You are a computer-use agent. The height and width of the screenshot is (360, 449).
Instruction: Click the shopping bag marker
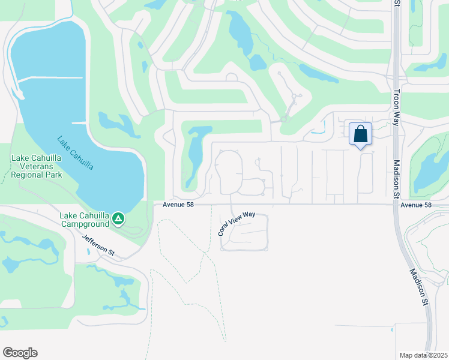pos(360,134)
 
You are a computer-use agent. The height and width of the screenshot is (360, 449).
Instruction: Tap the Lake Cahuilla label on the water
pos(75,153)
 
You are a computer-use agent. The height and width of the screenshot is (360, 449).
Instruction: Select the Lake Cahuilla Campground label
pos(84,220)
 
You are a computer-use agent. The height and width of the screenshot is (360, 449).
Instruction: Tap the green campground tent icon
pos(119,219)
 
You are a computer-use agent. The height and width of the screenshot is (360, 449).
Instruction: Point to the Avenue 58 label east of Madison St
pos(416,205)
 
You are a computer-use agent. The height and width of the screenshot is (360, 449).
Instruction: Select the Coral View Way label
pos(237,223)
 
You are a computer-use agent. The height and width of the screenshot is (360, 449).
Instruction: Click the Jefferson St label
pos(98,245)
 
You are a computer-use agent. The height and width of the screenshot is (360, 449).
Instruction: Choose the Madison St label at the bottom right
pos(419,287)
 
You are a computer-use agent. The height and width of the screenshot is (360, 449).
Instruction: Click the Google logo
pos(20,353)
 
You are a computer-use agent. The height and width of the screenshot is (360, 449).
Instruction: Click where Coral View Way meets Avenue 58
pos(232,205)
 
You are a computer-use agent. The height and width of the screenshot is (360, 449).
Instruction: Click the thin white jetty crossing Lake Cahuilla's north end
pos(51,78)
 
